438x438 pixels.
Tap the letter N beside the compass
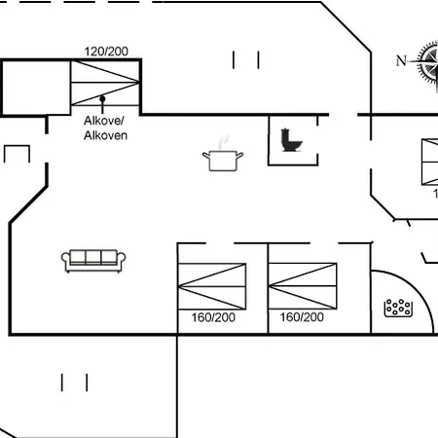tap(400, 61)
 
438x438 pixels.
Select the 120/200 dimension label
tap(106, 52)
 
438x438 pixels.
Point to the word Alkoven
tap(105, 135)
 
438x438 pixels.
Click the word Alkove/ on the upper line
tap(104, 122)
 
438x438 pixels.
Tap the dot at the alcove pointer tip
tap(102, 99)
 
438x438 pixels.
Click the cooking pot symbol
tap(223, 159)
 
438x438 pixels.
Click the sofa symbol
tap(94, 259)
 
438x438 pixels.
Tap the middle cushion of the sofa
tap(94, 257)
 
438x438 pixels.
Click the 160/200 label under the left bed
tap(213, 317)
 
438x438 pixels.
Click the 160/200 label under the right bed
tap(302, 317)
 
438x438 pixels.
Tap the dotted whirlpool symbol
tap(399, 308)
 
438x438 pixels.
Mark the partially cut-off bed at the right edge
tap(429, 162)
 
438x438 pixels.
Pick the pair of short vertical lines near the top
tap(246, 59)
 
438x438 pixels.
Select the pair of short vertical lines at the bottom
tap(75, 382)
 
